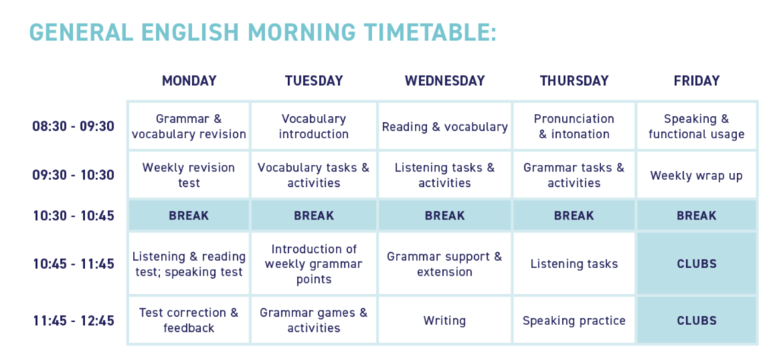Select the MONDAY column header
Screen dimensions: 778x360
point(189,81)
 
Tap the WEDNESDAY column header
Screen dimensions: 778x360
point(444,81)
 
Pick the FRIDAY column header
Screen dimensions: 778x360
point(697,81)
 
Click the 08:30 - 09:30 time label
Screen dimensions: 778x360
point(74,126)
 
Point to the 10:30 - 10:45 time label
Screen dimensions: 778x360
point(74,216)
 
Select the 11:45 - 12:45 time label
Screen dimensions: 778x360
point(74,321)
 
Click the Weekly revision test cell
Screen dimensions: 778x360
point(188,175)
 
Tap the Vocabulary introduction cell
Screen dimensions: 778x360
point(314,126)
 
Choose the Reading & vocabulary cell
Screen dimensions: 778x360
point(444,126)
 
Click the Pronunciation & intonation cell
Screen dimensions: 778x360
point(574,126)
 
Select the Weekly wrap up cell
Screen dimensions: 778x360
point(697,175)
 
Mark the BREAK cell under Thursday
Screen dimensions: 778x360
point(574,216)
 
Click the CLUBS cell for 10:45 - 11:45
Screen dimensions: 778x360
point(697,264)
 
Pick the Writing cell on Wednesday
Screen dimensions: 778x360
point(444,321)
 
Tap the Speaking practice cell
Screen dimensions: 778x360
point(574,321)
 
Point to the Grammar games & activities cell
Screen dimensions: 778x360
point(314,321)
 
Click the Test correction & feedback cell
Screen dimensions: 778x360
point(188,321)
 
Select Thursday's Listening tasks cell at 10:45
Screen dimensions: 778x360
point(574,264)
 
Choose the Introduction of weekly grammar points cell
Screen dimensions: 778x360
point(314,264)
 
